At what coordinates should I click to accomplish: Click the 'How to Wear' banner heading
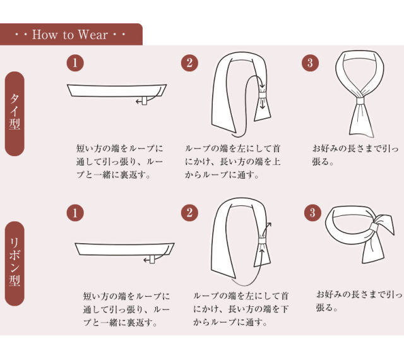point(70,35)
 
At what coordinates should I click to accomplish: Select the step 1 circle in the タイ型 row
point(75,63)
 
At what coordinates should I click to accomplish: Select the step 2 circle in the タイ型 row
point(189,63)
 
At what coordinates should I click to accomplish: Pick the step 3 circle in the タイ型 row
point(310,63)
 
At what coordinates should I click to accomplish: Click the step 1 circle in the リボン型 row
point(75,213)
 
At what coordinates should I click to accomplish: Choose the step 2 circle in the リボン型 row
point(189,213)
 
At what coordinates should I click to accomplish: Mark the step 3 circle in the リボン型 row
point(312,213)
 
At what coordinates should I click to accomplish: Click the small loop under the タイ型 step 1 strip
point(145,101)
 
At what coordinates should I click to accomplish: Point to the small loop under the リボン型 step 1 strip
point(152,260)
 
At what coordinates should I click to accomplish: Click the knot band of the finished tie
point(360,100)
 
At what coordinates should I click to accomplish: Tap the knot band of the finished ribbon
point(374,227)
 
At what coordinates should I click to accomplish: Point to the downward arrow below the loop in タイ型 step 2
point(263,104)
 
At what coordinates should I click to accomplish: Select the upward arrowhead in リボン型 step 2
point(269,225)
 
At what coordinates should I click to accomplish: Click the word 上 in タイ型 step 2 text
point(276,162)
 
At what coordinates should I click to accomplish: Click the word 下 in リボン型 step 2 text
point(284,309)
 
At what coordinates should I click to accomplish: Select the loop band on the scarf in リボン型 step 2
point(263,241)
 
